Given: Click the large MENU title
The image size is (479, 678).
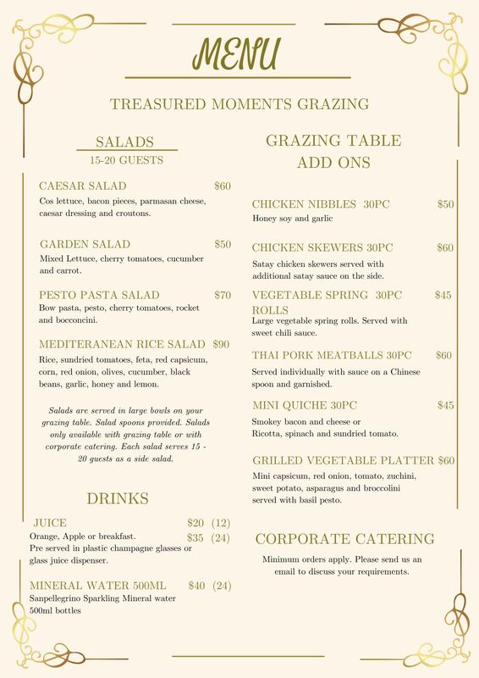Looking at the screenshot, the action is tap(236, 53).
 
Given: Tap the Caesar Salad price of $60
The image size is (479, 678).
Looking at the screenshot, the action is tap(223, 186).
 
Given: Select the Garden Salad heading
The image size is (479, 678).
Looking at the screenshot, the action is tap(85, 244).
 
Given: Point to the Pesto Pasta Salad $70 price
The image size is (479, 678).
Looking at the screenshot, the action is tap(223, 295).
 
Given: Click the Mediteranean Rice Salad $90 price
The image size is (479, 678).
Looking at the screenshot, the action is tap(221, 344).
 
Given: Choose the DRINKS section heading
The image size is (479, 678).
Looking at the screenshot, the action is tap(118, 498).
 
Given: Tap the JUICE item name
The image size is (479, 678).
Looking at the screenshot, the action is tap(50, 522).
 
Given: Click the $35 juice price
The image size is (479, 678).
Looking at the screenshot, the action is tap(195, 537).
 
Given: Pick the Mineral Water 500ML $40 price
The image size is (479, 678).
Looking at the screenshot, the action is tap(197, 585).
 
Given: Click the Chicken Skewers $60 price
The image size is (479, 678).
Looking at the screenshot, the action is tap(445, 247).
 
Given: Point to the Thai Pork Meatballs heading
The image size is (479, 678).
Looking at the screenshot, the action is tap(332, 355).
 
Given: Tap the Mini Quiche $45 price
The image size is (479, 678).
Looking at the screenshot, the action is tap(445, 405).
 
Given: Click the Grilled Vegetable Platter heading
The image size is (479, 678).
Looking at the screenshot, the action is tap(343, 460).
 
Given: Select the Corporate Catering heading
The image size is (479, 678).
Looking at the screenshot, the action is tap(344, 539).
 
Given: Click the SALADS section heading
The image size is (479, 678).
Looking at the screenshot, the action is tap(124, 142).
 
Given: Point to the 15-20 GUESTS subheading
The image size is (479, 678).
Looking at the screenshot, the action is tap(126, 159).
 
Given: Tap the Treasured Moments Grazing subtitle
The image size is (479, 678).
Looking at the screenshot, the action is tap(239, 104).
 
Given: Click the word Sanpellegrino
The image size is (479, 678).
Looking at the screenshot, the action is tap(59, 598).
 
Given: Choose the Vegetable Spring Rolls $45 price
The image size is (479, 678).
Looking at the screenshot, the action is tap(443, 295).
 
